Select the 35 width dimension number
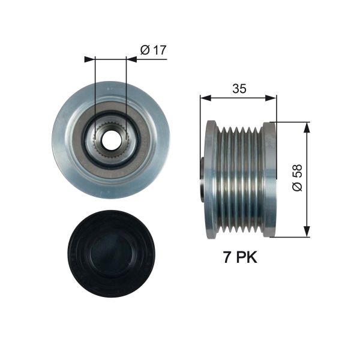pyautogui.click(x=238, y=89)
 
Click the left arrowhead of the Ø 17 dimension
pyautogui.click(x=90, y=59)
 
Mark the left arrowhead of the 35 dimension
pyautogui.click(x=205, y=97)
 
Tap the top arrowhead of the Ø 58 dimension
pyautogui.click(x=307, y=127)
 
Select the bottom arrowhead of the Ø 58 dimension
pyautogui.click(x=307, y=232)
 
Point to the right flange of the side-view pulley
pyautogui.click(x=269, y=178)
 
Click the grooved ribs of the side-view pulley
pyautogui.click(x=240, y=178)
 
